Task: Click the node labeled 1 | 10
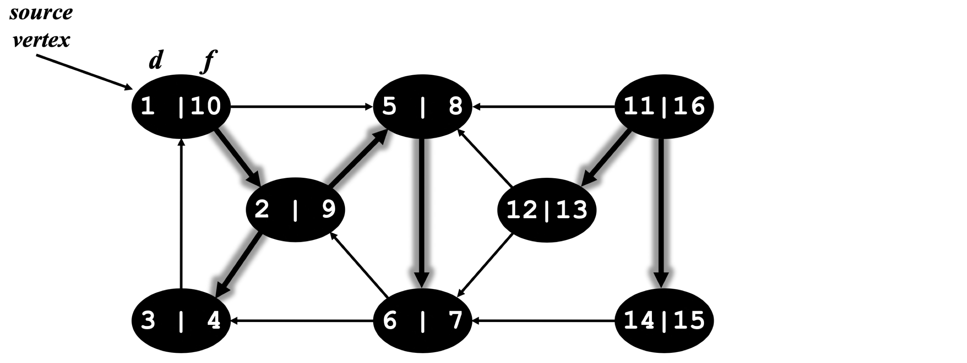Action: click(181, 106)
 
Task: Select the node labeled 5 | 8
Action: click(422, 106)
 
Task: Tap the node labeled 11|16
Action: click(664, 106)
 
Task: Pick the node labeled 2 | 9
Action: click(295, 210)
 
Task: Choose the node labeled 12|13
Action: click(547, 210)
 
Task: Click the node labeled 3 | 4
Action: click(181, 321)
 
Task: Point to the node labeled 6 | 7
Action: click(422, 321)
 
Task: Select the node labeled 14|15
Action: click(664, 321)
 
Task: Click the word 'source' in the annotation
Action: click(41, 13)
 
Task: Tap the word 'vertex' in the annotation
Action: click(41, 40)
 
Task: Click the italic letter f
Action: click(209, 61)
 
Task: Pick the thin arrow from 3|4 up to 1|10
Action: click(181, 214)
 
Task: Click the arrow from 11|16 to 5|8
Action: click(544, 107)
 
